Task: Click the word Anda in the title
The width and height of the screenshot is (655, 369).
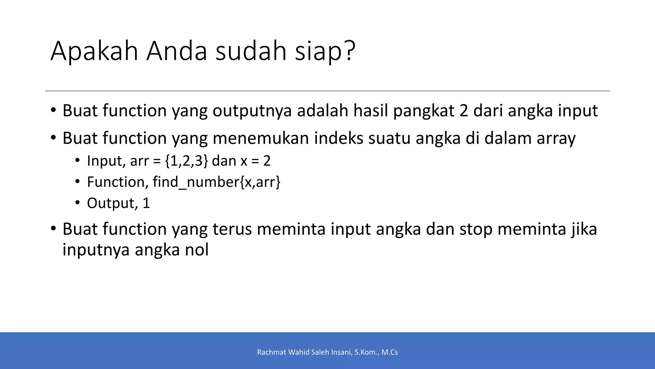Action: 177,51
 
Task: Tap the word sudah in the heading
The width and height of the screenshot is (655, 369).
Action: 251,51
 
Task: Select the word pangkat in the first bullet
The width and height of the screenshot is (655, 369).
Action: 424,111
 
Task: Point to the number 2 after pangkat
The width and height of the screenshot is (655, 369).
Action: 464,111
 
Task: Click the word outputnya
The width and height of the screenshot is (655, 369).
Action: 252,111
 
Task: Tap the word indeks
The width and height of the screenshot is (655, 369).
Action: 338,138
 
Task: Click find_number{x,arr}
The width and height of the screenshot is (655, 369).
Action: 216,182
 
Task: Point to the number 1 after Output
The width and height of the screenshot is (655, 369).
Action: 146,203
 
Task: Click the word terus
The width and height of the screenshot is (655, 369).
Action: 232,229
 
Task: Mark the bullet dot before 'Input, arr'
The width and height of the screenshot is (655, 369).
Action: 77,160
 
